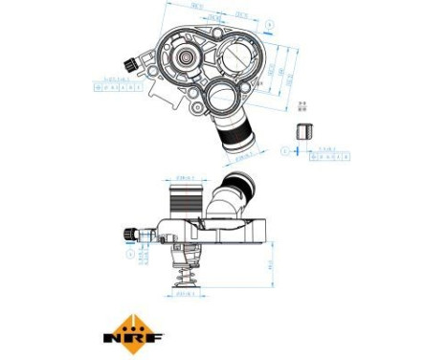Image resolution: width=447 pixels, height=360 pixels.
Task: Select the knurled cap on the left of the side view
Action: [x=128, y=233]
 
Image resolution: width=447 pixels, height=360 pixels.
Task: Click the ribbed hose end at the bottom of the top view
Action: [x=236, y=140]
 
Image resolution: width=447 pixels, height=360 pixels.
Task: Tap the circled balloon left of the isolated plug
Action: [x=285, y=150]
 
